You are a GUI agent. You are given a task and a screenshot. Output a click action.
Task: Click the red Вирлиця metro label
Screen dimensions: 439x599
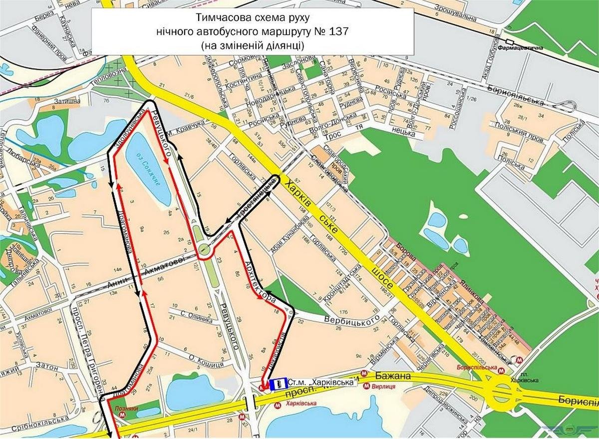382,386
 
